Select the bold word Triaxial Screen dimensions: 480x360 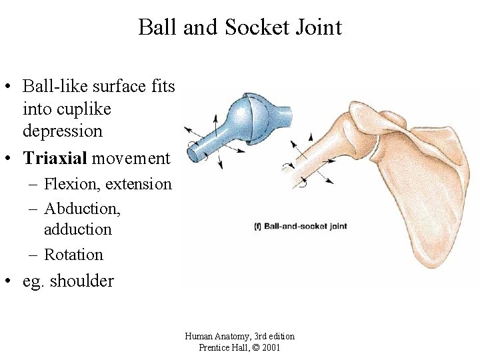(x=55, y=158)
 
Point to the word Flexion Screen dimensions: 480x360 (x=71, y=183)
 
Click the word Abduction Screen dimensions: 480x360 (x=82, y=209)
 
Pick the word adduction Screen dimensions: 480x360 (x=77, y=229)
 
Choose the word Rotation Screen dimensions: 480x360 (x=73, y=255)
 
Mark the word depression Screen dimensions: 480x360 (x=62, y=131)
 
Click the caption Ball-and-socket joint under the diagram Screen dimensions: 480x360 (x=305, y=227)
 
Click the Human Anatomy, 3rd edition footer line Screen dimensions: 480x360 (x=239, y=336)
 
